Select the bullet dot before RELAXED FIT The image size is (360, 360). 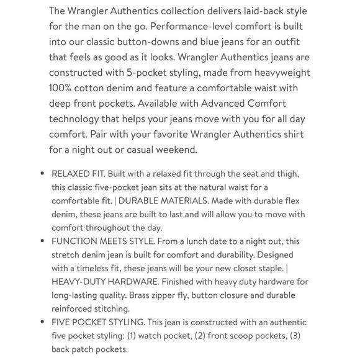(x=42, y=174)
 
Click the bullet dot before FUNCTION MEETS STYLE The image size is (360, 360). (x=42, y=241)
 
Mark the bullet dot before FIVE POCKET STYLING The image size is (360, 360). (x=42, y=322)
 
